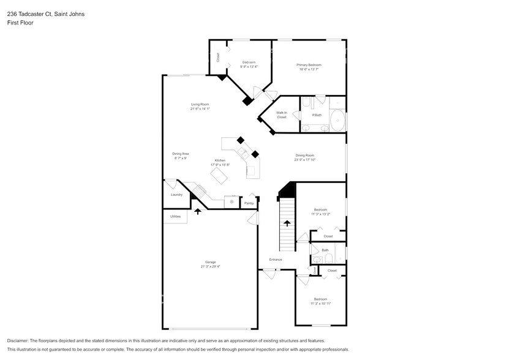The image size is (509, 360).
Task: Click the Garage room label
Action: pyautogui.click(x=210, y=262)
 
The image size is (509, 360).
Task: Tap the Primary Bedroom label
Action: pyautogui.click(x=309, y=65)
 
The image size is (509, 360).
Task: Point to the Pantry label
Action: pyautogui.click(x=249, y=203)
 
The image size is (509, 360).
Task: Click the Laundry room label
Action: pyautogui.click(x=177, y=195)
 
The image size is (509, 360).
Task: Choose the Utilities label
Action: pyautogui.click(x=175, y=216)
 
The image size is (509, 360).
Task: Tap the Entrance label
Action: pyautogui.click(x=276, y=260)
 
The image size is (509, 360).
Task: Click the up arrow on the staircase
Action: pyautogui.click(x=287, y=223)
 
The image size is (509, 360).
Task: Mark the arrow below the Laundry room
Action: pyautogui.click(x=198, y=211)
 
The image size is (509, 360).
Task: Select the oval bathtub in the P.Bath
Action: pyautogui.click(x=337, y=121)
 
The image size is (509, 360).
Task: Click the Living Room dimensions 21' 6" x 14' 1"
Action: pyautogui.click(x=200, y=109)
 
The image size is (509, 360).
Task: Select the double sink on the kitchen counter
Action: pyautogui.click(x=243, y=152)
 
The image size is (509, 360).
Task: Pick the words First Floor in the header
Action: pyautogui.click(x=20, y=23)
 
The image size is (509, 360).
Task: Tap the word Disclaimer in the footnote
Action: pyautogui.click(x=20, y=340)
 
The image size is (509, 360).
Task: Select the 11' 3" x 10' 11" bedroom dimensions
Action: pyautogui.click(x=320, y=303)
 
